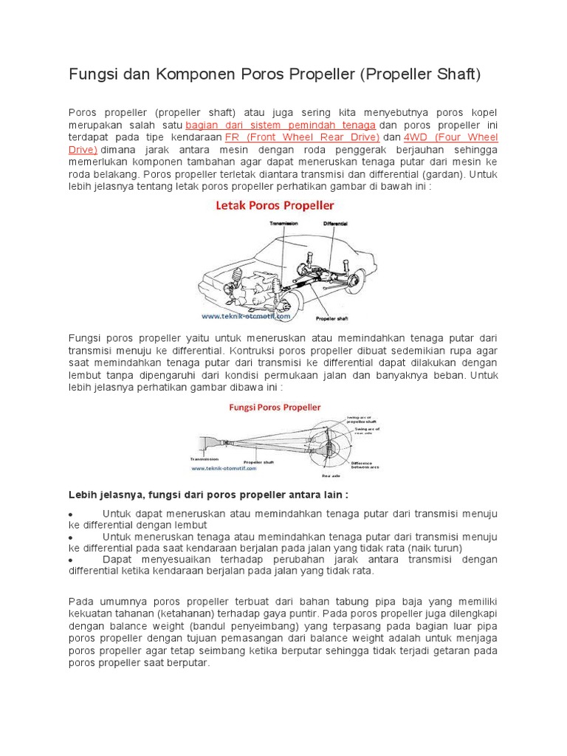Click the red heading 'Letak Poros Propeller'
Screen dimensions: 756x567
click(x=275, y=205)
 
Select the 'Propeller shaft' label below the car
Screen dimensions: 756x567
click(x=331, y=319)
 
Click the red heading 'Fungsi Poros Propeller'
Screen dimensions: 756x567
click(x=275, y=407)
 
